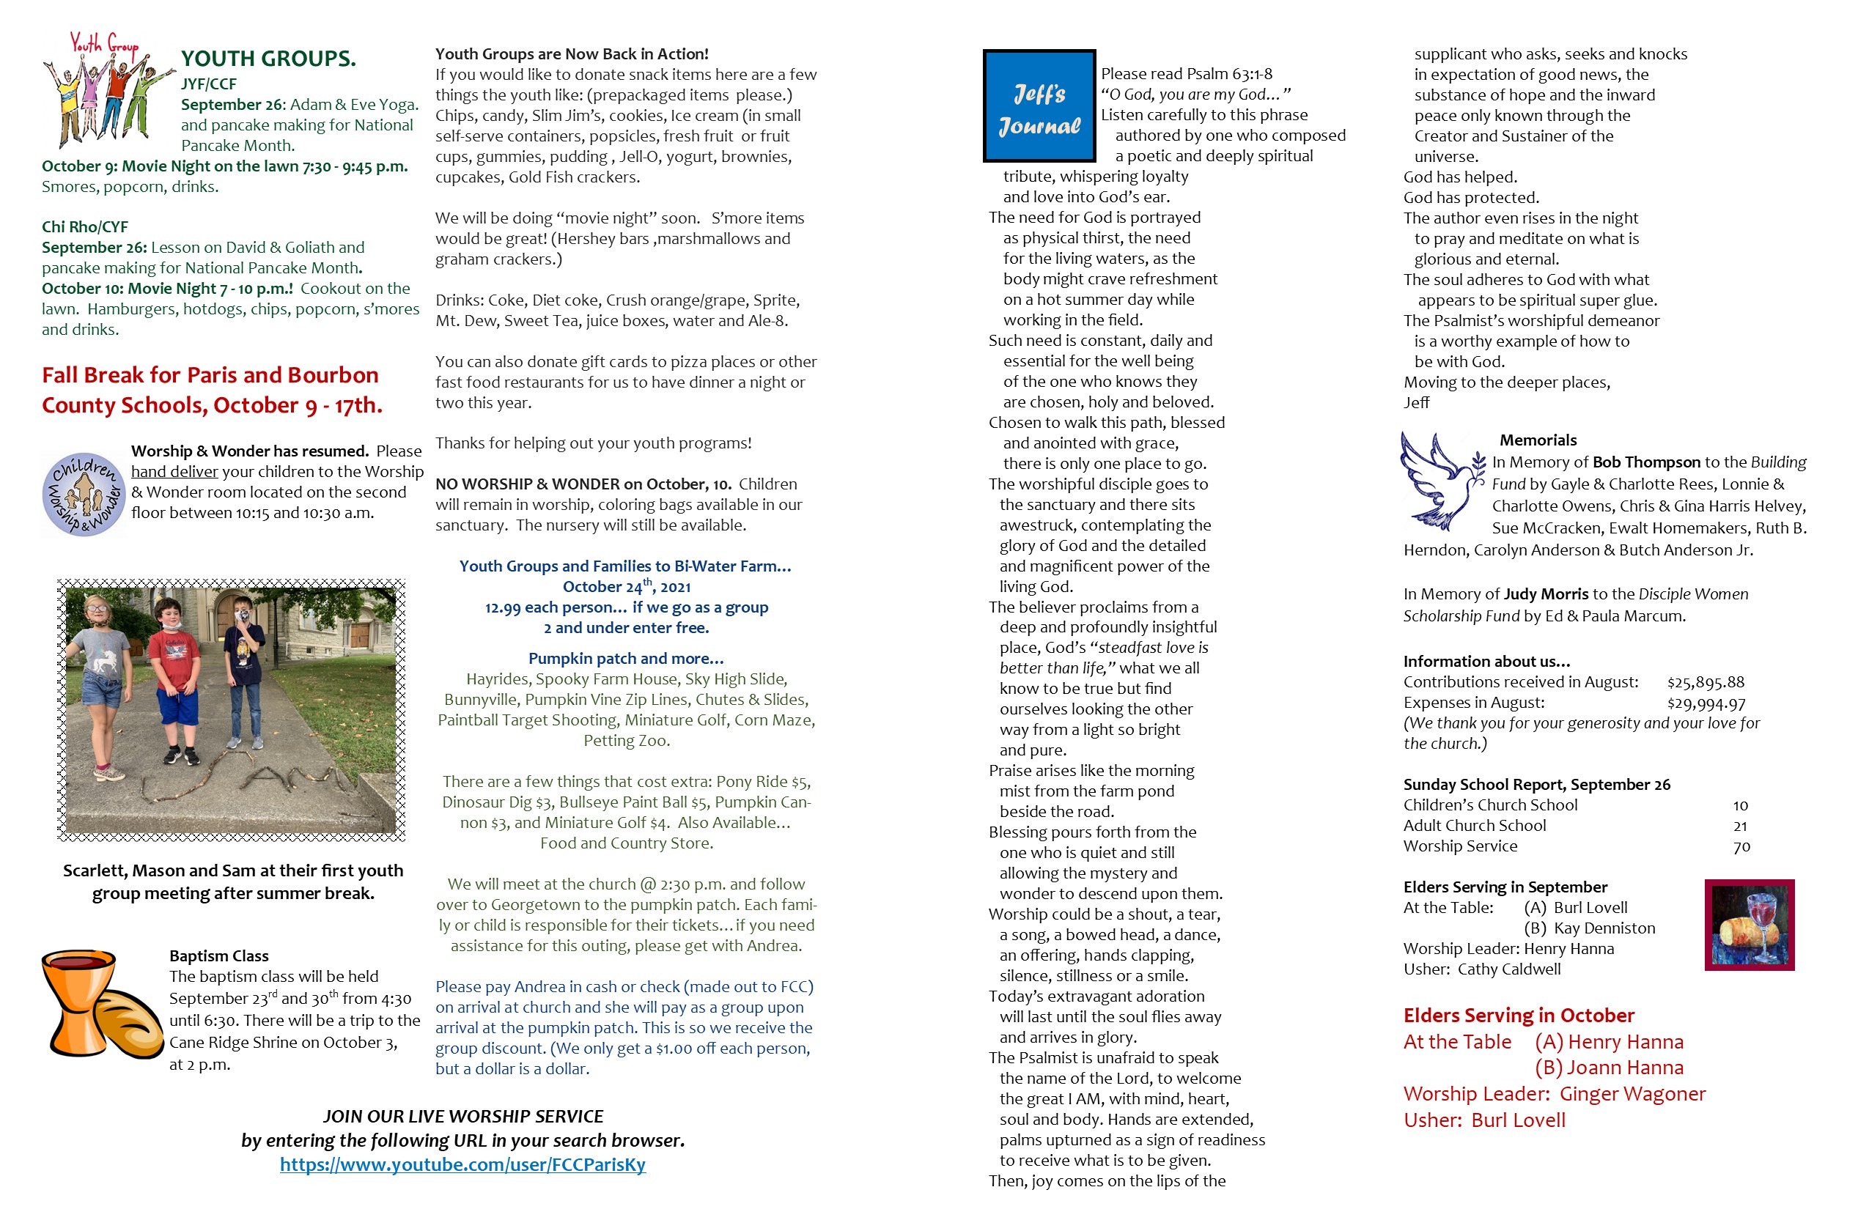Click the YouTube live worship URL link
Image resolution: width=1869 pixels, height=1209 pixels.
coord(462,1164)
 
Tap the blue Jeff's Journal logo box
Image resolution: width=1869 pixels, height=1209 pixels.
coord(1039,106)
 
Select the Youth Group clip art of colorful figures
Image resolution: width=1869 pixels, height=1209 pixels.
coord(104,90)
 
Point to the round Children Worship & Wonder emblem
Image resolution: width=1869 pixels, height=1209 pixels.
coord(84,495)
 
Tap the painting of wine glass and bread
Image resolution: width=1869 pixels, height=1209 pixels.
coord(1749,925)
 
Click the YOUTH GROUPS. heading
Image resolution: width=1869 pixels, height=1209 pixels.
coord(268,59)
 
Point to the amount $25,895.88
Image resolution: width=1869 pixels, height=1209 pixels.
coord(1706,682)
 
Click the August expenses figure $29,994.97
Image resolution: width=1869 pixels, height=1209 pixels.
coord(1706,703)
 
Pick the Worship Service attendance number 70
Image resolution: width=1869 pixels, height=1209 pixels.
coord(1741,847)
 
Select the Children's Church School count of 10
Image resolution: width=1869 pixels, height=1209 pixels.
coord(1740,805)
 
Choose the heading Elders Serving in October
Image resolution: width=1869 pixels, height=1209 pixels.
coord(1518,1015)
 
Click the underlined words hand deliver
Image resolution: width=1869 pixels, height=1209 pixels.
coord(174,472)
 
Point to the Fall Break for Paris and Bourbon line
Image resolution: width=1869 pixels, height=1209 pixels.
coord(210,375)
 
